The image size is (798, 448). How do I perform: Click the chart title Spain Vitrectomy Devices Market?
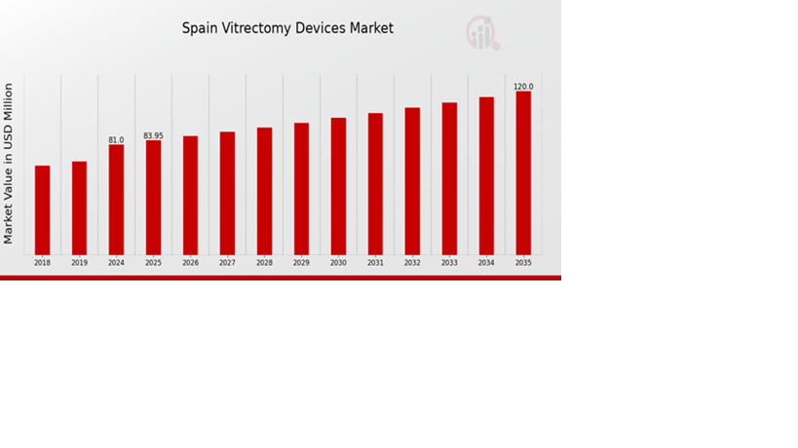[x=287, y=28]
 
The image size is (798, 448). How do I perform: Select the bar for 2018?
[x=42, y=210]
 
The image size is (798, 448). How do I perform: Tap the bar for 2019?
[x=79, y=207]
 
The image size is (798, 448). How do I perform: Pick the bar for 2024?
[x=116, y=200]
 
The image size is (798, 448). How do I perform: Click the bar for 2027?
[x=227, y=193]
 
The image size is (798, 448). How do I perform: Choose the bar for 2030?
[x=338, y=186]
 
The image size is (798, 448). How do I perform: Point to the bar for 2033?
[x=449, y=178]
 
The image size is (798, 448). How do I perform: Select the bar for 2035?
[x=523, y=172]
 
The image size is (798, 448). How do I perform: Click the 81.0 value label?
[x=116, y=140]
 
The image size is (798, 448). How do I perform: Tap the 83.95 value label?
[x=153, y=135]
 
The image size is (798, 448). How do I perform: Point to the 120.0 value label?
[x=523, y=87]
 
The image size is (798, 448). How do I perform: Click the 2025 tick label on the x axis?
[x=153, y=263]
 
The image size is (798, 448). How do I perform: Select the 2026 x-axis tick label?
[x=190, y=263]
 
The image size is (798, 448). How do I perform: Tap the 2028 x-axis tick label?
[x=264, y=263]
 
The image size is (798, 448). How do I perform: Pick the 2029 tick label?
[x=301, y=263]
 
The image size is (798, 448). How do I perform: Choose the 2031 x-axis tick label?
[x=375, y=263]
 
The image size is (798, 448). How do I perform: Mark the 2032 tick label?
[x=412, y=263]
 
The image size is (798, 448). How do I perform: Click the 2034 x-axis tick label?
[x=486, y=263]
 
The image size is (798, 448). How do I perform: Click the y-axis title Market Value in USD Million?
[x=9, y=164]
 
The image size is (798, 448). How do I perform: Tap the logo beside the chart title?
[x=481, y=32]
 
